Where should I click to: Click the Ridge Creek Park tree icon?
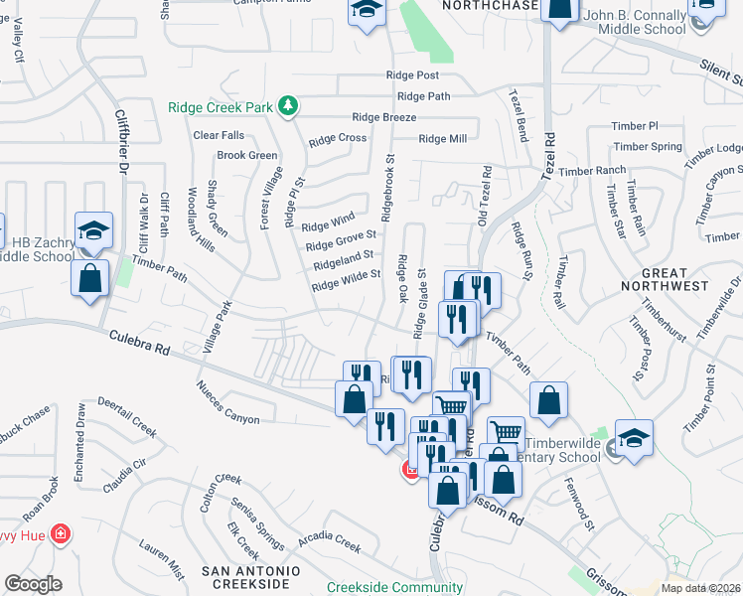(288, 105)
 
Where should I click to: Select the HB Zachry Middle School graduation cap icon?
(93, 230)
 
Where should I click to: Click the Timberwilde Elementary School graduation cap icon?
(632, 437)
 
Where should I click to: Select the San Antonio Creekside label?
(250, 578)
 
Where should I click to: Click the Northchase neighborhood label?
(489, 6)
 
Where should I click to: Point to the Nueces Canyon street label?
(227, 399)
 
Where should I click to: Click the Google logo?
(33, 584)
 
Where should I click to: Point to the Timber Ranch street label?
(592, 171)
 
